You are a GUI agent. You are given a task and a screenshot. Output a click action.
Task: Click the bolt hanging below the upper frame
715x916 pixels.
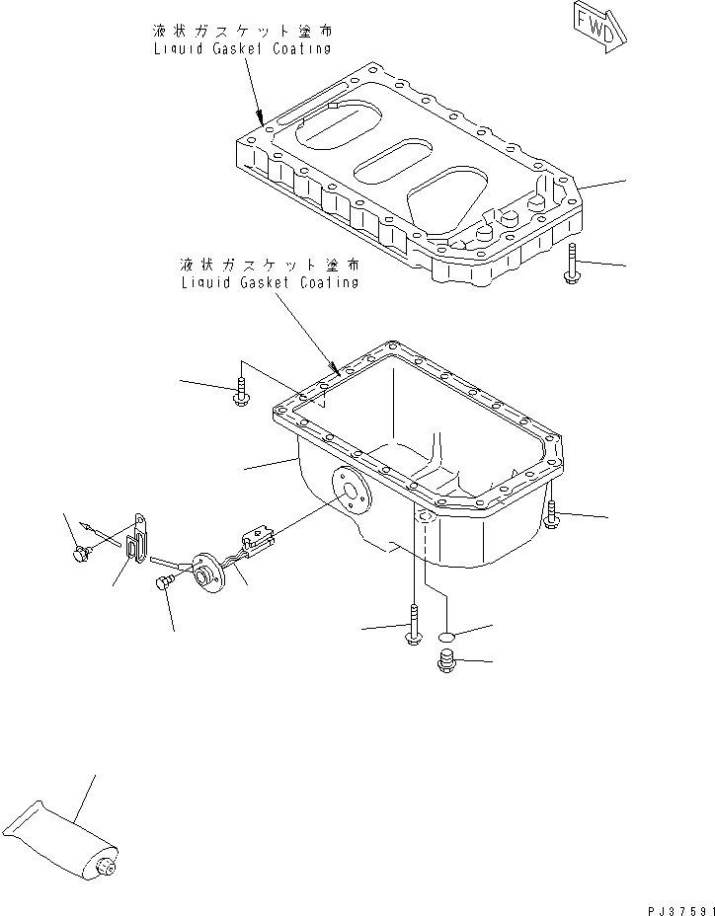pos(573,264)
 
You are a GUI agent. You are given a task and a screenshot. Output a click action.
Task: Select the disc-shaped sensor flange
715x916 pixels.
pos(209,574)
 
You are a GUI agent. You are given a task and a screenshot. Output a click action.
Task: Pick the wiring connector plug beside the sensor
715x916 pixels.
pos(259,540)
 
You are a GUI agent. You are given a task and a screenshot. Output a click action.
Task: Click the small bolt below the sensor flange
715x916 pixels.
pos(164,584)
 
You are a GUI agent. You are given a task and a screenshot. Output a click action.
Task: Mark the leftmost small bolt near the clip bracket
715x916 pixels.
pos(78,555)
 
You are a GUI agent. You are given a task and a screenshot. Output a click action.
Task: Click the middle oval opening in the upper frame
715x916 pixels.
pos(391,162)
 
